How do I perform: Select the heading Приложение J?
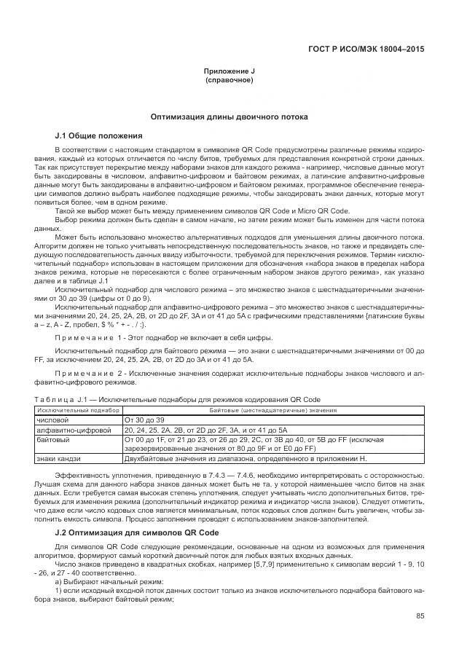(x=229, y=71)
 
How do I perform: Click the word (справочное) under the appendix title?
(x=229, y=79)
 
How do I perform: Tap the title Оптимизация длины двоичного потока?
(x=229, y=117)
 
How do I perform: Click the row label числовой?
(x=52, y=420)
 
